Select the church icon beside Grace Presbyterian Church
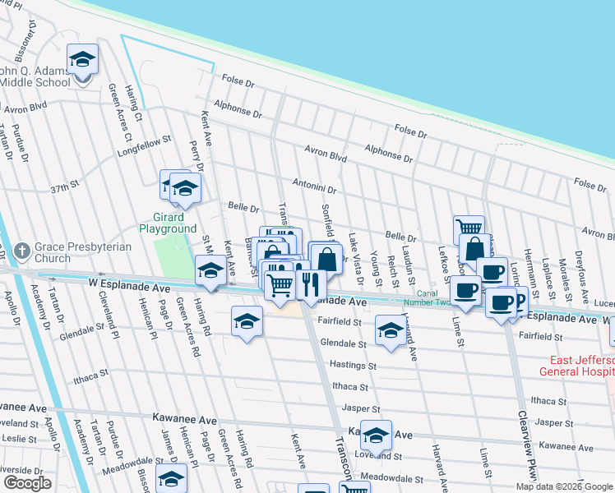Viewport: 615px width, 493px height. tap(22, 248)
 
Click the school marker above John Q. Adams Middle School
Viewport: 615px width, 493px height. tap(82, 59)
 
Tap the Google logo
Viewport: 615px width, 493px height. tap(27, 483)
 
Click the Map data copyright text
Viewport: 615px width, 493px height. tap(564, 486)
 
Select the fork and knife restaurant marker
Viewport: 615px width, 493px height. tap(310, 284)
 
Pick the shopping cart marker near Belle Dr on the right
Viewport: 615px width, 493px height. tap(469, 228)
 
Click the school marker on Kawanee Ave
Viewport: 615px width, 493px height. tap(376, 434)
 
